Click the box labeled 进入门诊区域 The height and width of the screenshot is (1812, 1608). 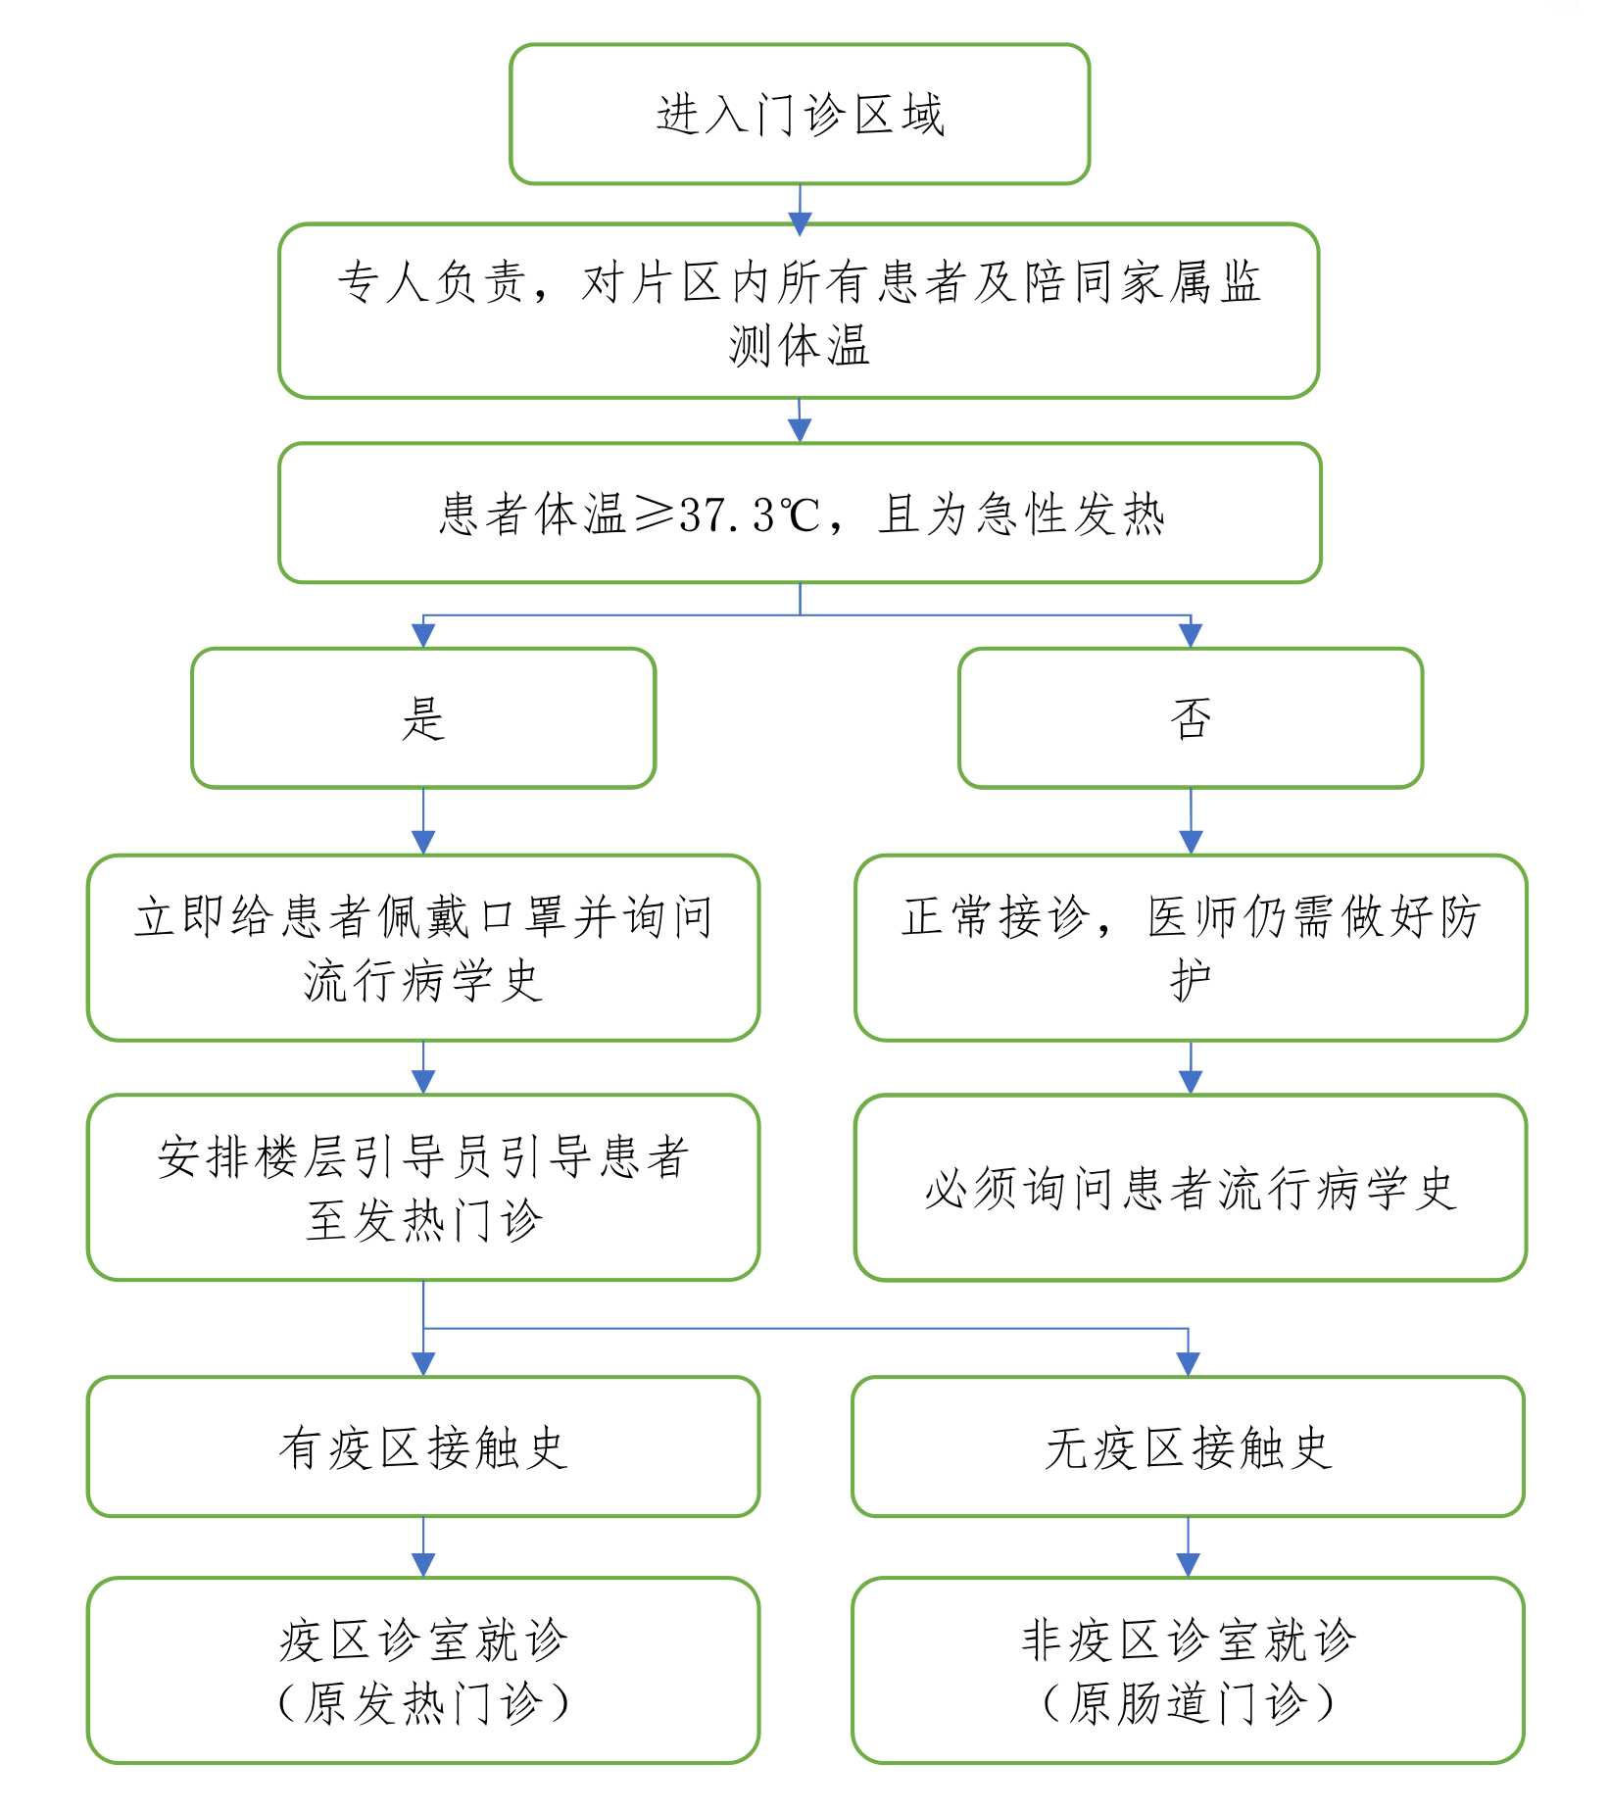(800, 114)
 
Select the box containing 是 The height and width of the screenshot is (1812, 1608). (423, 717)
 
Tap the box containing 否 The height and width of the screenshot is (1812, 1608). (1191, 717)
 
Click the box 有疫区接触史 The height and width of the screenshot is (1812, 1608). (423, 1446)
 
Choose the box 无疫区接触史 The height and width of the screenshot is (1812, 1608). (1188, 1446)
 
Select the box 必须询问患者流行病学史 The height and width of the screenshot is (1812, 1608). (1191, 1187)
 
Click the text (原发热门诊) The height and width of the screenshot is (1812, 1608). (423, 1703)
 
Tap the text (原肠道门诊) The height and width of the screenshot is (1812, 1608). (1188, 1703)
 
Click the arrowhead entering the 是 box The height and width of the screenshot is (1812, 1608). (423, 635)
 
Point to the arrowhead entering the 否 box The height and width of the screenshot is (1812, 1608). (1191, 635)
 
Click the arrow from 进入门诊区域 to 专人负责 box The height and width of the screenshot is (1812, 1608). (800, 210)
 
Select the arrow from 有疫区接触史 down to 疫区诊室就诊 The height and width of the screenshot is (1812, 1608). (423, 1547)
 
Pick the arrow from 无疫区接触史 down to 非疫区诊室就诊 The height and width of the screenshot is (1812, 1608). (1188, 1547)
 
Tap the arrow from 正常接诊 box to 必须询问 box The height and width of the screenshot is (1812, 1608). (1191, 1067)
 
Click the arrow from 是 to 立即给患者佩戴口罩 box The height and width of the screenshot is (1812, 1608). (423, 821)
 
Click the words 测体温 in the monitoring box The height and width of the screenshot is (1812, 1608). (800, 345)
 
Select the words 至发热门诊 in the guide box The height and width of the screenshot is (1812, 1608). (423, 1221)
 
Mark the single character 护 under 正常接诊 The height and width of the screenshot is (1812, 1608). (1191, 980)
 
